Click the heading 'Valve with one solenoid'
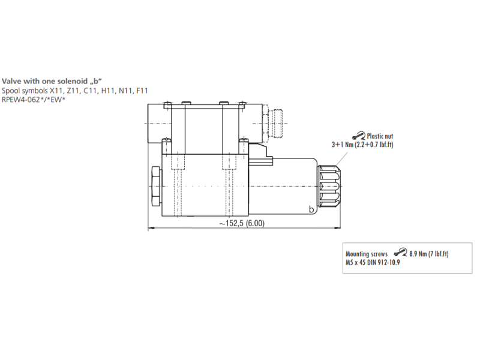tap(44, 81)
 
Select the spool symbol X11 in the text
tap(56, 91)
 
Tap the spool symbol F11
tap(142, 91)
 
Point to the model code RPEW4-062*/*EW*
tap(34, 100)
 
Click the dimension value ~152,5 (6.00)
tap(242, 223)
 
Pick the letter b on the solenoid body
tap(311, 209)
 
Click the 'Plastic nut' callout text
tap(380, 136)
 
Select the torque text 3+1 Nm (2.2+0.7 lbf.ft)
tap(362, 145)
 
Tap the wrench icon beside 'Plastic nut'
tap(359, 136)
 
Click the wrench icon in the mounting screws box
tap(400, 252)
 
